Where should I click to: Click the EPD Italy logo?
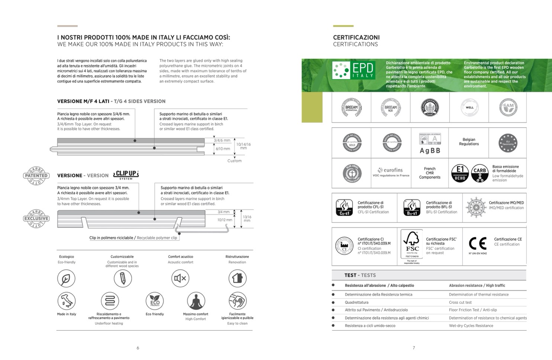click(353, 70)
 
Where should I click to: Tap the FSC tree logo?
click(412, 244)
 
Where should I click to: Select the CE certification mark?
click(478, 244)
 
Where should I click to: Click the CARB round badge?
click(480, 173)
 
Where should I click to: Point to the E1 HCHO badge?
click(460, 173)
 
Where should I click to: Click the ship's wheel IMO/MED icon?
click(476, 208)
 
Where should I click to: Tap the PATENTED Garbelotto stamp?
click(36, 176)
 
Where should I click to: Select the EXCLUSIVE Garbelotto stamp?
click(36, 218)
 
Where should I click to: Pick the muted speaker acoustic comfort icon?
click(180, 278)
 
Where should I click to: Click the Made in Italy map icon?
click(67, 300)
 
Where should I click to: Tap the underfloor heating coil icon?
click(110, 301)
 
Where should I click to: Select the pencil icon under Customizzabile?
click(123, 278)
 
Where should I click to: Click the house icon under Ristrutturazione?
click(237, 278)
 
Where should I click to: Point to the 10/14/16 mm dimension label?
click(243, 146)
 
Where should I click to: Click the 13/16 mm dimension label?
click(247, 219)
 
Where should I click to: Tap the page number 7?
click(414, 348)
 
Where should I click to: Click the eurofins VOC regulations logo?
click(391, 172)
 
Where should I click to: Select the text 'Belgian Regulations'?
click(469, 142)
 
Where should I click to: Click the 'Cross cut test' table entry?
click(460, 302)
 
